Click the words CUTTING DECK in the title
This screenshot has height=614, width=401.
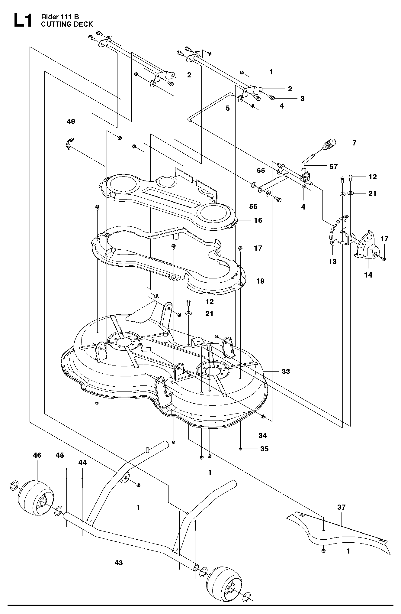[67, 24]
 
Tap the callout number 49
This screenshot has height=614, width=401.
[71, 122]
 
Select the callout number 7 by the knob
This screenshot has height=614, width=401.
[354, 143]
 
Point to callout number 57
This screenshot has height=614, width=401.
[334, 166]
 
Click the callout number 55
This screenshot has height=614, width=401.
[261, 171]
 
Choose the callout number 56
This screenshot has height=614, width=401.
[253, 206]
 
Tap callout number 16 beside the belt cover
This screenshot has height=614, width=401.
[258, 220]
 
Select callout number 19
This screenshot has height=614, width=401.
[260, 281]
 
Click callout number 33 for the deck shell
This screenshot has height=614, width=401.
[286, 371]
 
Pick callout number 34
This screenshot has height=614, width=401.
[263, 436]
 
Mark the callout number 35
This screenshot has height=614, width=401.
[264, 449]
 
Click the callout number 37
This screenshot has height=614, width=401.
[341, 507]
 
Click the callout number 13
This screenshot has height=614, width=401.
[332, 261]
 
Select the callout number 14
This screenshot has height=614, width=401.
[368, 275]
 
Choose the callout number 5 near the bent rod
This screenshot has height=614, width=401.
[228, 108]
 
